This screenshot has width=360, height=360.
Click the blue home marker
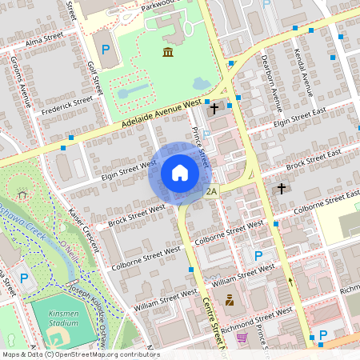pos(180,174)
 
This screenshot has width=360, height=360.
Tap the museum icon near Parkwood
pos(168,52)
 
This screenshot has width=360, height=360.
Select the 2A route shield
pos(212,192)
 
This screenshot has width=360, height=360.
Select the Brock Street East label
pos(313,158)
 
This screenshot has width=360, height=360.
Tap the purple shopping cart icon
pos(242,338)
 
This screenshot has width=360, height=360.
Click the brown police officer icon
pos(229,301)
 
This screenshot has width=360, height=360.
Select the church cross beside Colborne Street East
pos(281,189)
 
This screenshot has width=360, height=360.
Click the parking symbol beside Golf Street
pos(106,50)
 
